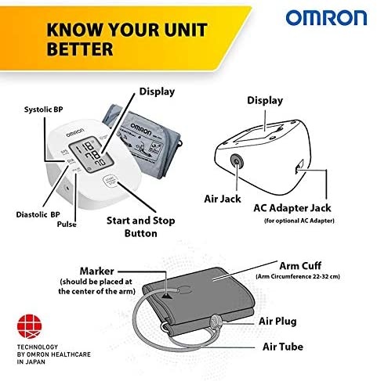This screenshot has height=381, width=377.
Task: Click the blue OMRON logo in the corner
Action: click(x=326, y=18)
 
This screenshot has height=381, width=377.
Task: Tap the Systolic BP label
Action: click(x=44, y=110)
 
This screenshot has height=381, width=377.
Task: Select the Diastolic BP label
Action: click(x=38, y=214)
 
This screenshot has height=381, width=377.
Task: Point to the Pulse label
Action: click(x=67, y=225)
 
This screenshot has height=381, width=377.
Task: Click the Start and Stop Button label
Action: click(x=141, y=227)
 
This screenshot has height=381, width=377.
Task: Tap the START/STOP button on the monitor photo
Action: click(x=110, y=181)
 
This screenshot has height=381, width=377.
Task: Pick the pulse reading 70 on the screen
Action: click(x=100, y=163)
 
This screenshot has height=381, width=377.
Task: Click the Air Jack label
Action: click(x=223, y=199)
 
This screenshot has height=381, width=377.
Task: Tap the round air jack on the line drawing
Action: click(x=237, y=162)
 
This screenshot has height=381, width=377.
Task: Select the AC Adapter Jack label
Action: click(x=292, y=208)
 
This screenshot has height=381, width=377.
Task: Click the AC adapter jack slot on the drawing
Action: click(x=299, y=167)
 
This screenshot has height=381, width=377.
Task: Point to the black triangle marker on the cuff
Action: click(x=167, y=296)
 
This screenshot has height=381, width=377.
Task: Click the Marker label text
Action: click(x=97, y=271)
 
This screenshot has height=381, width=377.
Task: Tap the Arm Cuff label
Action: click(x=300, y=266)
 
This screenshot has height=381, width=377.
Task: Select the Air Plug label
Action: click(x=277, y=322)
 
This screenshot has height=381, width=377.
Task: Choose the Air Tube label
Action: click(x=283, y=347)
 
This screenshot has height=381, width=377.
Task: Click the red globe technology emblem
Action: click(x=29, y=326)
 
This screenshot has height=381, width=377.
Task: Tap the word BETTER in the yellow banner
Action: click(x=80, y=49)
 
